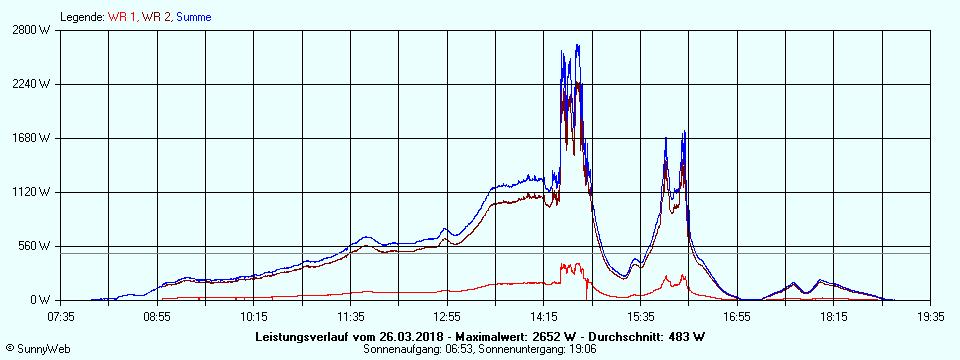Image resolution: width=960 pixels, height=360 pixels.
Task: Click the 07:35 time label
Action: pos(61,317)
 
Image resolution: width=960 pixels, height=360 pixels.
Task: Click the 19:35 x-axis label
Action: pos(931,317)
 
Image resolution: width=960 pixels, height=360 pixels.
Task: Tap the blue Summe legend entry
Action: pos(194,17)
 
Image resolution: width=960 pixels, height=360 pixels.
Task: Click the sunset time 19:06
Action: pos(582,348)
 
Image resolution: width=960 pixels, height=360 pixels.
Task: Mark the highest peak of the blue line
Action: pos(577,45)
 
